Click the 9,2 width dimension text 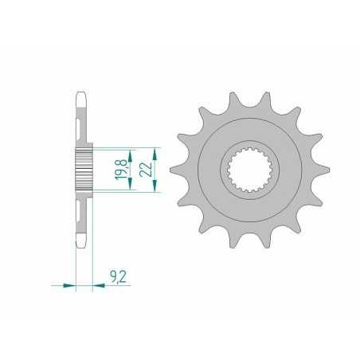point(118,276)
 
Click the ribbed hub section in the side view point(84,170)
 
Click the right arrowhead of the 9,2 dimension point(97,284)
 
